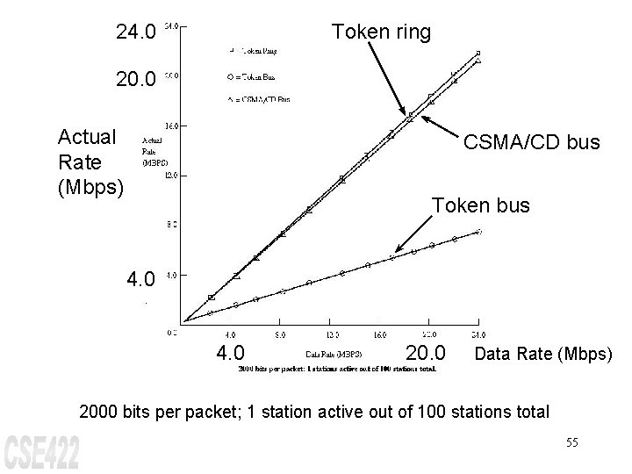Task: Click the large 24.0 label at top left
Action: coord(135,33)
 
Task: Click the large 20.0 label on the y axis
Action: coord(135,83)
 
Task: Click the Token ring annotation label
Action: coord(381,32)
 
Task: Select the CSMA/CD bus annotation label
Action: coord(531,140)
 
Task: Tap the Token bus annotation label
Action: coord(481,205)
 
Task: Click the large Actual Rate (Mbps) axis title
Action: coord(91,162)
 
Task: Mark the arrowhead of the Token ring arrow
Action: coord(407,114)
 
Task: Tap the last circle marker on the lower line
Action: coord(478,232)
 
